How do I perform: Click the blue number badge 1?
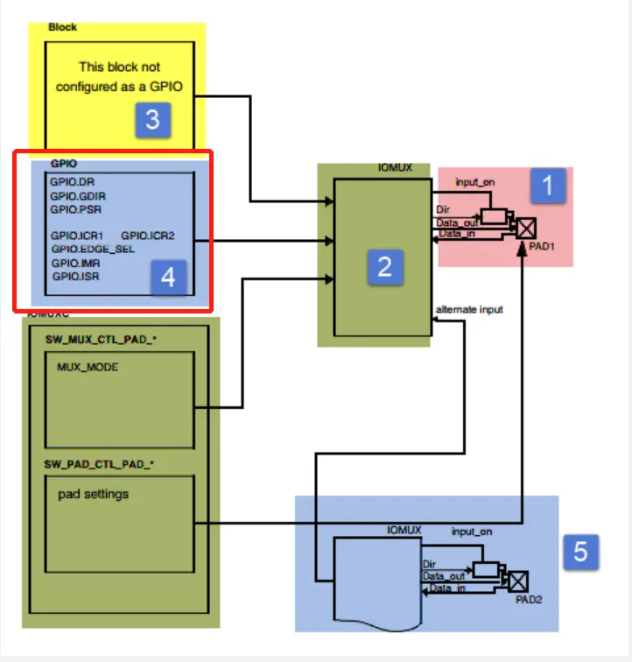pos(549,186)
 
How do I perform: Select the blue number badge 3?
pos(152,118)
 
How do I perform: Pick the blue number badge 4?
pos(168,278)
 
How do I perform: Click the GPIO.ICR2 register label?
pos(149,236)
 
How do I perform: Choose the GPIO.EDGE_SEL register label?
pos(93,249)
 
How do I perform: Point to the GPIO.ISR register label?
pos(76,276)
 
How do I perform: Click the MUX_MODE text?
pos(88,367)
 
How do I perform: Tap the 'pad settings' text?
pos(94,494)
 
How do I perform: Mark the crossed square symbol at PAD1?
pos(526,229)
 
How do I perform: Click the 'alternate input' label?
pos(469,310)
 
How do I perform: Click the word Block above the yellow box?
pos(62,27)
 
